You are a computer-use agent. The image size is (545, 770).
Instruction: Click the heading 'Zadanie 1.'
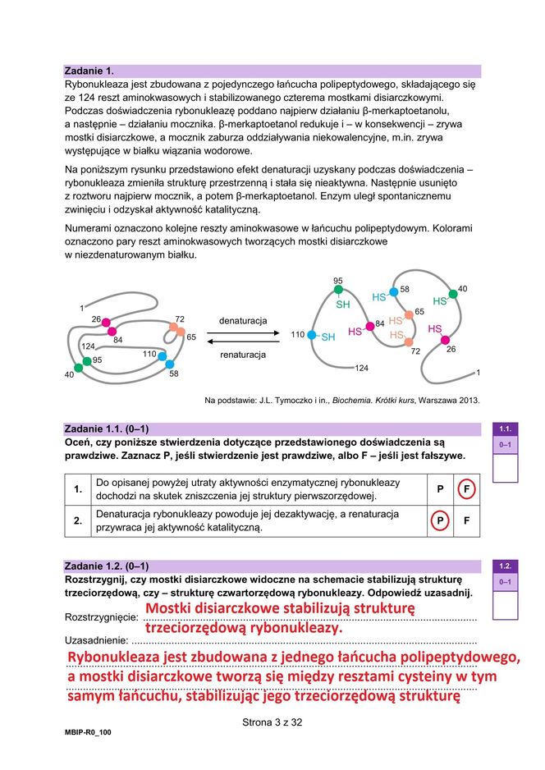[x=89, y=71]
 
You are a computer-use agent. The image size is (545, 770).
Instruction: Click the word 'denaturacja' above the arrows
[x=242, y=320]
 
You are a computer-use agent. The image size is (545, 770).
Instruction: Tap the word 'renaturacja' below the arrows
[x=242, y=355]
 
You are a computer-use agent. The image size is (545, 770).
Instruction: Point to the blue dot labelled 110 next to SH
[x=313, y=336]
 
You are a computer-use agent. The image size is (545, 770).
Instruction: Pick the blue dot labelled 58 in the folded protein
[x=170, y=364]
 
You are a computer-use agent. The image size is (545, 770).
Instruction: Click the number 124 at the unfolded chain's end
[x=361, y=368]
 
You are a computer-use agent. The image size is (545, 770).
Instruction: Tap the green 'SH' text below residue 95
[x=343, y=305]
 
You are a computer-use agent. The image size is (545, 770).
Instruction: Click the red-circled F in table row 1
[x=466, y=488]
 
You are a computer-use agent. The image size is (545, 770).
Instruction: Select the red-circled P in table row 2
[x=440, y=520]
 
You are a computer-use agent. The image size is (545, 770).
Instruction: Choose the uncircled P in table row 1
[x=440, y=488]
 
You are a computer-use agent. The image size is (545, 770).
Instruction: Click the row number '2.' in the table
[x=78, y=520]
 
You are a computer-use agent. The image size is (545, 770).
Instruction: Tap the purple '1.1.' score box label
[x=505, y=429]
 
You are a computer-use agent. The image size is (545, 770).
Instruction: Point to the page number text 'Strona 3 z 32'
[x=272, y=722]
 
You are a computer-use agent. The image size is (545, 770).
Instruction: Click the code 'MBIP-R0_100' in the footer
[x=88, y=731]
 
